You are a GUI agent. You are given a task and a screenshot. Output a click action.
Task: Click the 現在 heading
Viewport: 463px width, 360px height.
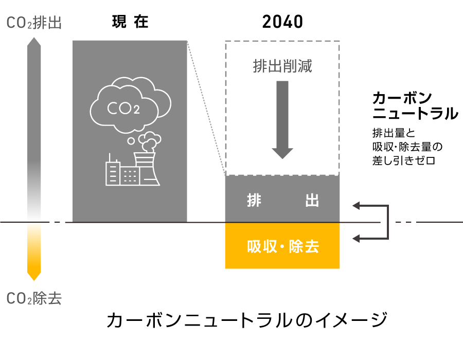click(x=130, y=22)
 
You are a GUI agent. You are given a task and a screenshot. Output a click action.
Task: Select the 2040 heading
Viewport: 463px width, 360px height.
click(x=282, y=22)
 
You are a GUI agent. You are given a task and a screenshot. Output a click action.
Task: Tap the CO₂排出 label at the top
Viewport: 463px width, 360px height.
click(x=34, y=23)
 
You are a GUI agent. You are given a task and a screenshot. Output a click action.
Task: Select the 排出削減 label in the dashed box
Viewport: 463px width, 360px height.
click(x=282, y=66)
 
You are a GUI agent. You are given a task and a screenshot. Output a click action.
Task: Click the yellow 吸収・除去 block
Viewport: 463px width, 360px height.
click(x=282, y=246)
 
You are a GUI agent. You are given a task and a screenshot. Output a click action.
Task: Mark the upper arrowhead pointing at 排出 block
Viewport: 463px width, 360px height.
click(x=357, y=206)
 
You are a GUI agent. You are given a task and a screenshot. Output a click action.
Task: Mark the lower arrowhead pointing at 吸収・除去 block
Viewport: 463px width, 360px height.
click(x=357, y=238)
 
